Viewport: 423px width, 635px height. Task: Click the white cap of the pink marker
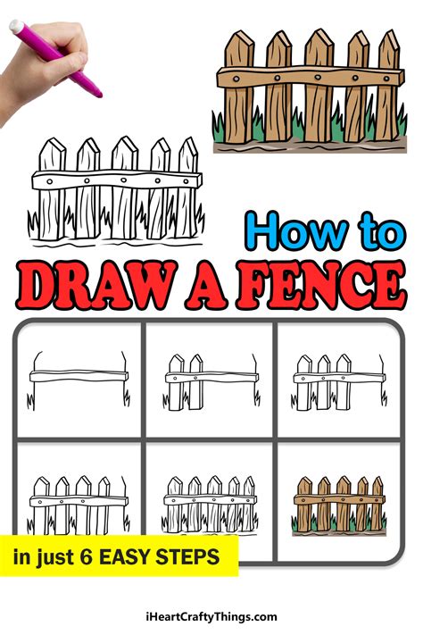point(17,27)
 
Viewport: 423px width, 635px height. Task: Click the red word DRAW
point(96,287)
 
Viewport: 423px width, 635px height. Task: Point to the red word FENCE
point(322,285)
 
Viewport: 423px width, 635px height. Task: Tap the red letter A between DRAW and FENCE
point(207,287)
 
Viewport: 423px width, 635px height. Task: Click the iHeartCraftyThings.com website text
point(211,617)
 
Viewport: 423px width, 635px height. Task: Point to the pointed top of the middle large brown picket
point(319,30)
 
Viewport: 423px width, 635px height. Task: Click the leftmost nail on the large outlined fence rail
point(49,181)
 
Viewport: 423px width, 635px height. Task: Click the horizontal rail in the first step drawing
point(79,376)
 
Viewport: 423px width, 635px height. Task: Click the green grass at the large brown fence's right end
point(402,122)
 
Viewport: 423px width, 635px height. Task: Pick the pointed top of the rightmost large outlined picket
point(187,138)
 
